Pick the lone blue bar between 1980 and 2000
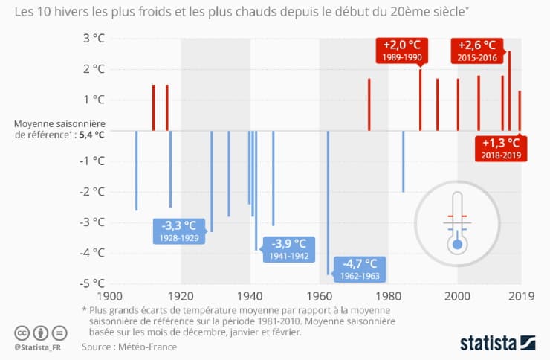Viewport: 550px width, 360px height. (404, 161)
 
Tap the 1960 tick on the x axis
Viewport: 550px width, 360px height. (320, 295)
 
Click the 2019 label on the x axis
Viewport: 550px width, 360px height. (520, 295)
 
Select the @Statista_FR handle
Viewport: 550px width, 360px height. (39, 347)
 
